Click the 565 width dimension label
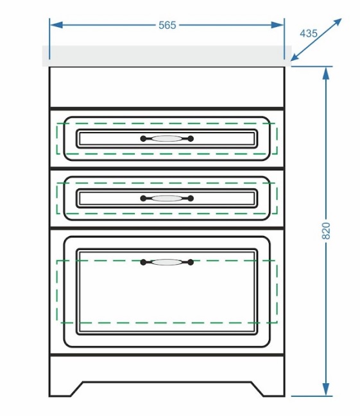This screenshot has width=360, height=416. (x=167, y=25)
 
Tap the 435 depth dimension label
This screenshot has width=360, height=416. (x=309, y=33)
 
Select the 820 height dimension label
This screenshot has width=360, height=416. (x=326, y=231)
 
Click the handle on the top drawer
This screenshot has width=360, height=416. (x=167, y=138)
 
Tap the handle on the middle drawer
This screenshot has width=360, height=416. (x=167, y=198)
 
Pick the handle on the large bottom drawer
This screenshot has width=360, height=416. (x=167, y=262)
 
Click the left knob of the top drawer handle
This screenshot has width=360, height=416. (x=143, y=138)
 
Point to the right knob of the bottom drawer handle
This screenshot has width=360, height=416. (x=191, y=262)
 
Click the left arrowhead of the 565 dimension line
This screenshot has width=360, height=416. (x=56, y=25)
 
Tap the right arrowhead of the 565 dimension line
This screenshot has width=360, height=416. (x=277, y=25)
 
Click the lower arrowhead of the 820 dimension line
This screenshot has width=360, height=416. (x=326, y=390)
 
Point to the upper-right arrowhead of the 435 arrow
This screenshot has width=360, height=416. (x=337, y=22)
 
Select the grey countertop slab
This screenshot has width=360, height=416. (x=167, y=56)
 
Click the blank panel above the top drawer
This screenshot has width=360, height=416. (x=167, y=87)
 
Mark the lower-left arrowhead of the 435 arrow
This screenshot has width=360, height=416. (x=295, y=57)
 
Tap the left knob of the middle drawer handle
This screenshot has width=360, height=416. (x=143, y=198)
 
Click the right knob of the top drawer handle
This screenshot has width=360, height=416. (x=191, y=138)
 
